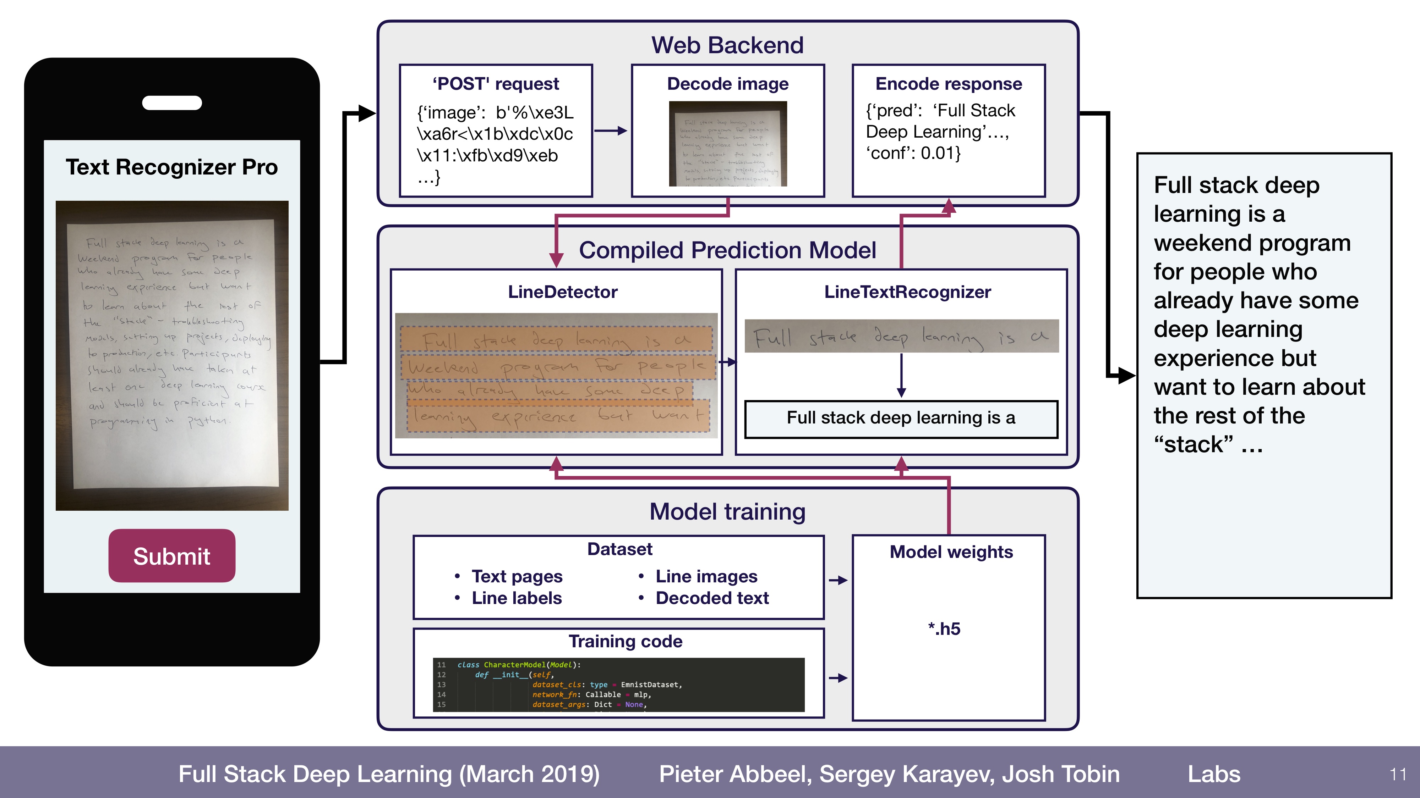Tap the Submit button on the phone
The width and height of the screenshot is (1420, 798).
click(171, 556)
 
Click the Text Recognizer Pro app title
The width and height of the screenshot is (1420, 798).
click(171, 167)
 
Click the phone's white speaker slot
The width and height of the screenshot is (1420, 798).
click(171, 103)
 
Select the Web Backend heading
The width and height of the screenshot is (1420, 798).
click(727, 45)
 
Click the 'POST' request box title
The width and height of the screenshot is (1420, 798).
click(496, 84)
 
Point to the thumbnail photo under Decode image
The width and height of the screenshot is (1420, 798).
click(728, 144)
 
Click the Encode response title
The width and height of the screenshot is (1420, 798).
click(948, 84)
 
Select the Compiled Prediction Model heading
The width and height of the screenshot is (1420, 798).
click(727, 250)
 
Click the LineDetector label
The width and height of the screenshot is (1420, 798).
click(562, 292)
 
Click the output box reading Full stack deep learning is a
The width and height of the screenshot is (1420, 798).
click(901, 418)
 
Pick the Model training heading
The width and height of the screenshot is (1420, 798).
click(727, 512)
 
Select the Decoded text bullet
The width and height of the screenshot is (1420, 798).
click(712, 598)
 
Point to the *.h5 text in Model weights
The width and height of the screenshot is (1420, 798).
click(944, 628)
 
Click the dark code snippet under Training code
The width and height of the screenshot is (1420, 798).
click(618, 684)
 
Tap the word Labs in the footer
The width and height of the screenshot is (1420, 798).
click(1214, 774)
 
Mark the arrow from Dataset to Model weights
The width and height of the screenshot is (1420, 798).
click(838, 580)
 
